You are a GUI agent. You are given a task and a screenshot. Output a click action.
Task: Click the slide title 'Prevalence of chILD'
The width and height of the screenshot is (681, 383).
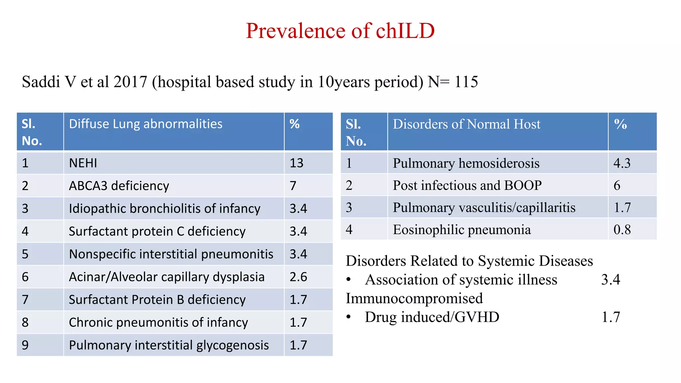coord(340,31)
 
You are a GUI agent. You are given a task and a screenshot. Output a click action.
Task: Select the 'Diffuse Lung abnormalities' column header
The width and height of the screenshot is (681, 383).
coord(145,124)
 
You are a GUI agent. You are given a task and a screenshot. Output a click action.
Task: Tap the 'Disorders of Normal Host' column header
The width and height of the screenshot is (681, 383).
coord(467,124)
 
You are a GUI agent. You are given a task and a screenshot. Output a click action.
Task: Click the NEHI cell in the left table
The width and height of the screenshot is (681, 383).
coord(83,163)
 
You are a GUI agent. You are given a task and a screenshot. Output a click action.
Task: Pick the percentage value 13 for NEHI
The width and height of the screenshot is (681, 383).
coord(296,163)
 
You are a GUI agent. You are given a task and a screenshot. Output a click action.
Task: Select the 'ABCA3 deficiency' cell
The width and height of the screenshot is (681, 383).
coord(119,186)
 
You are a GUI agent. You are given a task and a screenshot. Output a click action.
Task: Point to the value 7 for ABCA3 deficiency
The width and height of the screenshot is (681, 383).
coord(293,186)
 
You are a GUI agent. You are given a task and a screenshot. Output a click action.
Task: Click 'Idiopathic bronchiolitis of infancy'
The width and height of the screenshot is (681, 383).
coord(164,208)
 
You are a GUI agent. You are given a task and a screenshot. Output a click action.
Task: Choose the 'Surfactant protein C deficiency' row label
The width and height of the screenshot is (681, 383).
coord(157,231)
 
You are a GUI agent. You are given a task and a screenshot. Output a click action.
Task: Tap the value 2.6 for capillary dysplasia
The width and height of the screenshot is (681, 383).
coord(298,277)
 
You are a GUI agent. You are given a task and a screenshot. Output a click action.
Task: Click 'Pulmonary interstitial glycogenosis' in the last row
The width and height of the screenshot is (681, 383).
coord(169,345)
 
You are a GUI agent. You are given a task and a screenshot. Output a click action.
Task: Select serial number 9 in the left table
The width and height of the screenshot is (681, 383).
coord(25,345)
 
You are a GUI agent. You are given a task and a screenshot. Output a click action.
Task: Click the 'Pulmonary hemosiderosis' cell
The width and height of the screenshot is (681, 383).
coord(466,163)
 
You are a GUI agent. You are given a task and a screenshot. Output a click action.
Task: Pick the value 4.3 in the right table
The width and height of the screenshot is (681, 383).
coord(622,163)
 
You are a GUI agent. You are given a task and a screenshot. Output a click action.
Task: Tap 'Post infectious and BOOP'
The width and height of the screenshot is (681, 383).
coord(467,185)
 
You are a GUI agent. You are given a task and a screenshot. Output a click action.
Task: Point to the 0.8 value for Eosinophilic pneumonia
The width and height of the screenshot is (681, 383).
coord(622,230)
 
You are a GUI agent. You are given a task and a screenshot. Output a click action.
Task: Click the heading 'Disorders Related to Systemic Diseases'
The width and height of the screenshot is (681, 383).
coord(469,261)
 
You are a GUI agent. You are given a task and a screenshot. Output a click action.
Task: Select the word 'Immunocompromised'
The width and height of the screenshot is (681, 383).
coord(414,298)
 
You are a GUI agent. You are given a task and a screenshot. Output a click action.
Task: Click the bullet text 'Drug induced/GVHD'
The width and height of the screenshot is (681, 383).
coord(432,317)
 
